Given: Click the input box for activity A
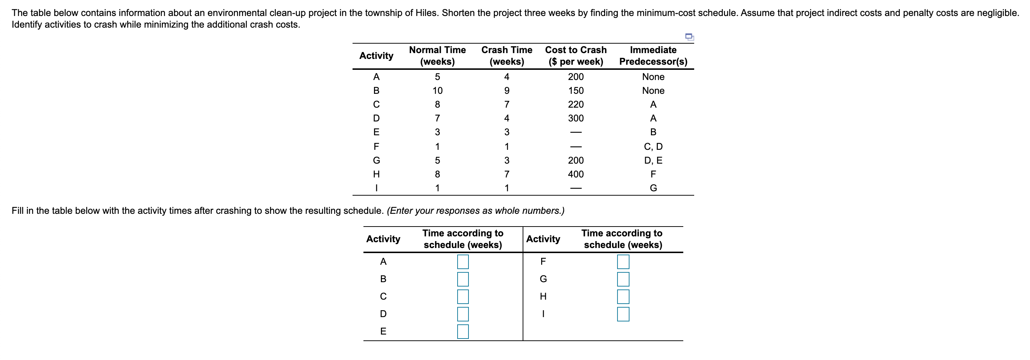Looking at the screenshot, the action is click(463, 262).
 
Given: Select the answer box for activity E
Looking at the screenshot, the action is click(463, 332).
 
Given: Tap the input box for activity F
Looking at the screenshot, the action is click(623, 262).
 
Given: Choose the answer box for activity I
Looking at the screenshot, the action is click(623, 314).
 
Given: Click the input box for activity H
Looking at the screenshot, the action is click(623, 297).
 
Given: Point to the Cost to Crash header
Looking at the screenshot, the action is click(575, 56).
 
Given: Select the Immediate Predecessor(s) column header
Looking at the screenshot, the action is click(653, 56).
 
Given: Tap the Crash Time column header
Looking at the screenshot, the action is click(507, 56).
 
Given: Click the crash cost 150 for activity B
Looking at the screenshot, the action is click(575, 91).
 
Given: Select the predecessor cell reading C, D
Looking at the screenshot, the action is click(653, 147).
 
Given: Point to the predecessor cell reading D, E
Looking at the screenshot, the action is click(653, 160).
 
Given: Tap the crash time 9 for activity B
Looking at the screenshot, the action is click(507, 91).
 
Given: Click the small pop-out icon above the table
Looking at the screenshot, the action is click(689, 37).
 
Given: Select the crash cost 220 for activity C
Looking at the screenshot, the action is click(575, 105).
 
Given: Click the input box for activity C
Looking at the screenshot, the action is click(463, 297).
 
